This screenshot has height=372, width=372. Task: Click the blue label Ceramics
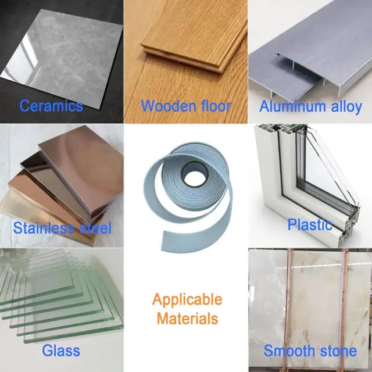51,106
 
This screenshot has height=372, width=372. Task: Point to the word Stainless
44,228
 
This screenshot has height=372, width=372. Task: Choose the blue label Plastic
310,224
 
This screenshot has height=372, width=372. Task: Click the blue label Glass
61,350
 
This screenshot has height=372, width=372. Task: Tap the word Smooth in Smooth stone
289,350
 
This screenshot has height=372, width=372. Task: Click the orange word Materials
187,319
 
